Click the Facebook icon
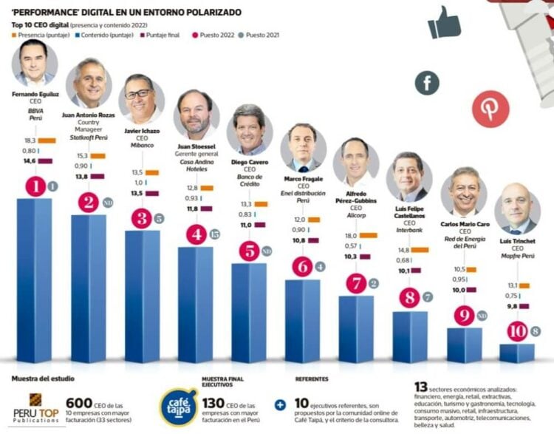[427, 82]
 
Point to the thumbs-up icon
[445, 22]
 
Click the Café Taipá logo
[179, 407]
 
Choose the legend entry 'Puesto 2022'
[219, 34]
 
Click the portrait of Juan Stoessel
[196, 114]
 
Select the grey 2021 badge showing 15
[215, 235]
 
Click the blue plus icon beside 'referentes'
[280, 404]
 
